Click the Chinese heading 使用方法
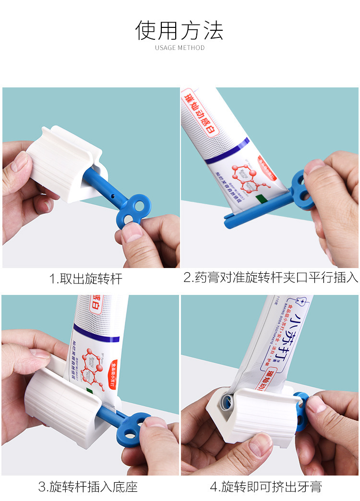point(180,30)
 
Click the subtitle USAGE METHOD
point(180,48)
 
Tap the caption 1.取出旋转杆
point(86,278)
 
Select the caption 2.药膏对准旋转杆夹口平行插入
point(271,277)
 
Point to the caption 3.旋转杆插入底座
point(88,487)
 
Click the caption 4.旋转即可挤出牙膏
point(265,487)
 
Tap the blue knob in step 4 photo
point(300,411)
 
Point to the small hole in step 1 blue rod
point(112,198)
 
